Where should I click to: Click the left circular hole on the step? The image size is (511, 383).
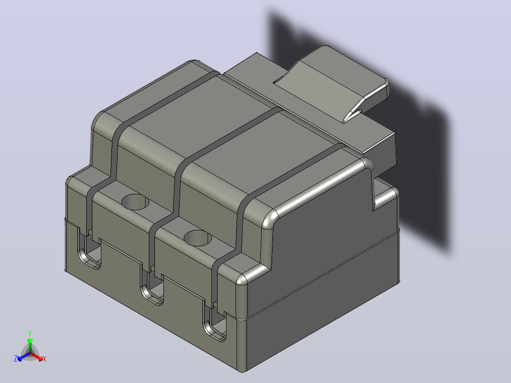click(135, 202)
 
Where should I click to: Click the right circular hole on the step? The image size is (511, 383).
click(198, 238)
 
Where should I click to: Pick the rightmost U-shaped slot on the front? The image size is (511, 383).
click(215, 323)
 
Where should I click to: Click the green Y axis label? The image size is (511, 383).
click(30, 333)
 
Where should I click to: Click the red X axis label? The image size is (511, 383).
click(45, 359)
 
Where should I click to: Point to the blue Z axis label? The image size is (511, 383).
click(16, 358)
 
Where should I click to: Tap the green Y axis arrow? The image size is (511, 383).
click(30, 346)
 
